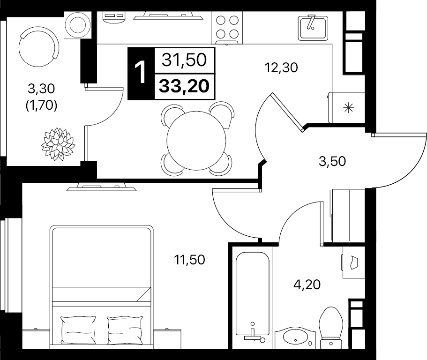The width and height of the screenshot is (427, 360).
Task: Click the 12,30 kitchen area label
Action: click(281, 67)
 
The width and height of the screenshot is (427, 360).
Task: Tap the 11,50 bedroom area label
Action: click(189, 260)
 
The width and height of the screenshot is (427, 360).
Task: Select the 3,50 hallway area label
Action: click(332, 161)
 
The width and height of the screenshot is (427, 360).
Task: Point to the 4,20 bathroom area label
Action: click(307, 285)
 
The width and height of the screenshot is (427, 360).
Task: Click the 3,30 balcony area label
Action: click(41, 89)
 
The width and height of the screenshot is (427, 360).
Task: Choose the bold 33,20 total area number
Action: click(184, 86)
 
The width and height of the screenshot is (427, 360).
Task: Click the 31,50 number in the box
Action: click(184, 60)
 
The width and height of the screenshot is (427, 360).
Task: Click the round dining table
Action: click(196, 141)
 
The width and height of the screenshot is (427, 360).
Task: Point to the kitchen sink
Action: click(313, 28)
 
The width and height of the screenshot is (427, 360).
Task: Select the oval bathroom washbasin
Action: click(295, 337)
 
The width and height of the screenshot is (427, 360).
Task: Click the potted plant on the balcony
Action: click(58, 144)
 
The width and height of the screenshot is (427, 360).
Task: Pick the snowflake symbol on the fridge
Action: click(349, 108)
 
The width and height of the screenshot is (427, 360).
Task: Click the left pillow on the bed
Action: click(78, 330)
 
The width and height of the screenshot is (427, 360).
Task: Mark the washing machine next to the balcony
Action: click(78, 25)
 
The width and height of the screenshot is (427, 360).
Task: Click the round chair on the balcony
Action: click(39, 46)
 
